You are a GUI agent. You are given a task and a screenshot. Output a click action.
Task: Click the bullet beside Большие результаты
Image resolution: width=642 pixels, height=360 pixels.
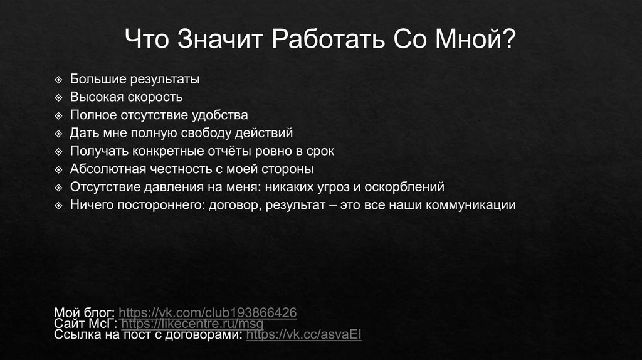tap(58, 80)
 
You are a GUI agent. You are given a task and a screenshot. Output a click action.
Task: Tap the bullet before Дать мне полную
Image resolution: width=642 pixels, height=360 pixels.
tap(58, 134)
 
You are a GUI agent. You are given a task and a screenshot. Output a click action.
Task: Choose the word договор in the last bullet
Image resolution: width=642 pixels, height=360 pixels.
tap(231, 205)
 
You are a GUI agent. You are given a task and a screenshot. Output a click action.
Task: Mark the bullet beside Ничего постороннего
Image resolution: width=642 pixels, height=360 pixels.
tap(58, 206)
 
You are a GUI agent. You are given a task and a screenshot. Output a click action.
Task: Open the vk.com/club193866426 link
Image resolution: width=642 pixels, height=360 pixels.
tap(208, 312)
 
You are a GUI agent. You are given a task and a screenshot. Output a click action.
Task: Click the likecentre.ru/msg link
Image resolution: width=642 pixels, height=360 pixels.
tap(192, 324)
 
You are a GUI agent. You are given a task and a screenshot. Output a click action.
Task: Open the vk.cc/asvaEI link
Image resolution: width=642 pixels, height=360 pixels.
tap(304, 335)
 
